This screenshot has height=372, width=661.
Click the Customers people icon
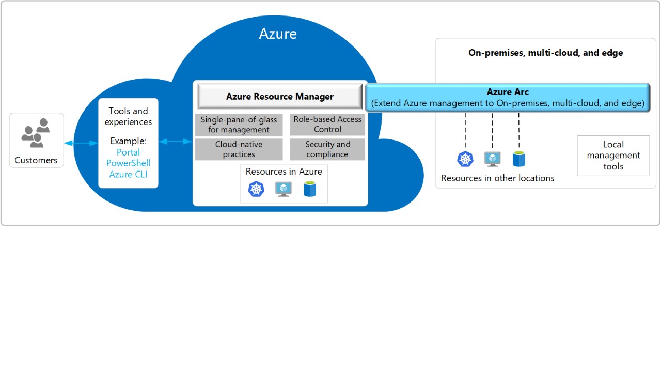point(36,133)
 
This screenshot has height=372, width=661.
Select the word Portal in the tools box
point(128,152)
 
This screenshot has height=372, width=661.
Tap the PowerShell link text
point(128,163)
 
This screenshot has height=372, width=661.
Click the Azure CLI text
point(128,175)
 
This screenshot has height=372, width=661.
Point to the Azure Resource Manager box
point(280,97)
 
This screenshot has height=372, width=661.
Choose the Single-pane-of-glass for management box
point(239,125)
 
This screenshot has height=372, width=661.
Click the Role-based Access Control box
point(327,125)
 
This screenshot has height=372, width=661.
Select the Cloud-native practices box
point(239,149)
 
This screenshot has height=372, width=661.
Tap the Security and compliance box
point(327,149)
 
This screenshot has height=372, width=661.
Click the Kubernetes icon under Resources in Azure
point(256,189)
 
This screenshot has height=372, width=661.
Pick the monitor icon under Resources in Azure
point(284,189)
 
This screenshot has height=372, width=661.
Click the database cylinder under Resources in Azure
point(310,189)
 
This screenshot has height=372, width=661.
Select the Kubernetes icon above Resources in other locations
point(465,159)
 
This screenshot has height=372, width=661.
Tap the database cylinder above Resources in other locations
point(519,159)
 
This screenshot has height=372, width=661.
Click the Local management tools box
point(613,156)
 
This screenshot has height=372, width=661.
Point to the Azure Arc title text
point(508,92)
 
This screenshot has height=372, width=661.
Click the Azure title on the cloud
point(278,34)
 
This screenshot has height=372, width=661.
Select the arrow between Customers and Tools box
point(81,143)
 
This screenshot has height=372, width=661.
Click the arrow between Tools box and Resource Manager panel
point(176,141)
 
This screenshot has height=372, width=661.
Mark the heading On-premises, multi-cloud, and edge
point(545,53)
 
